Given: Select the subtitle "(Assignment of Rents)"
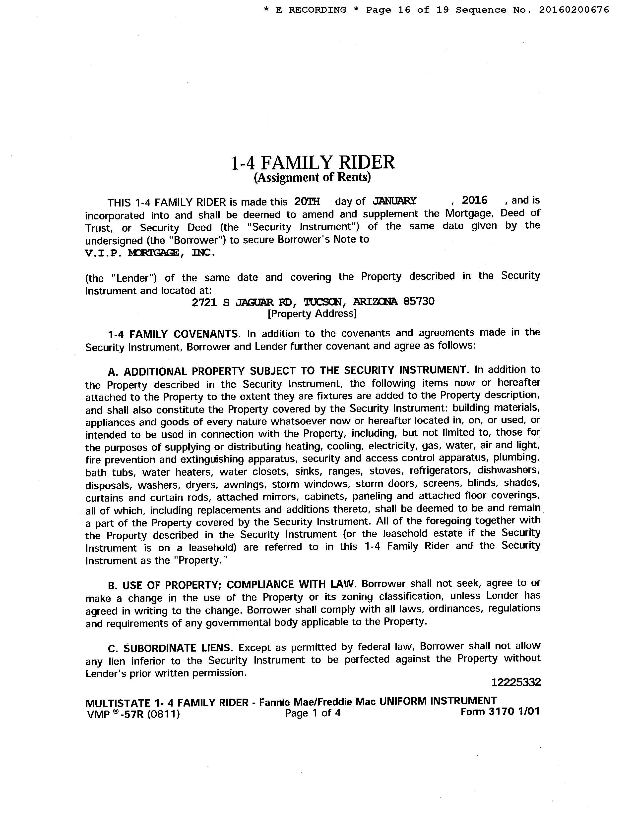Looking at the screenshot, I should tap(312, 177).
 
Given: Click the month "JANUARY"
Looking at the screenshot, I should tap(394, 201).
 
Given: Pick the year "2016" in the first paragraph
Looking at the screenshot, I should tap(474, 200).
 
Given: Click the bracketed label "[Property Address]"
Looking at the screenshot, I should tap(312, 313).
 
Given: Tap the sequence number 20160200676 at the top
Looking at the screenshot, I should tap(574, 10).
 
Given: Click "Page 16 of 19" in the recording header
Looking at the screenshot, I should tap(407, 10).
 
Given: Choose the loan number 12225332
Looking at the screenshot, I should tap(516, 682).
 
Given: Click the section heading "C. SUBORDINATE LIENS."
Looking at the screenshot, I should tap(170, 648).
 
